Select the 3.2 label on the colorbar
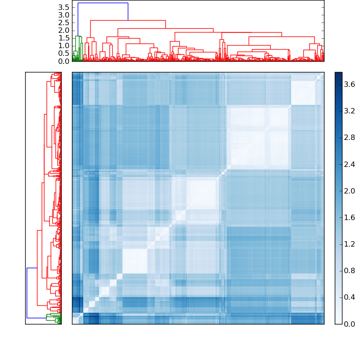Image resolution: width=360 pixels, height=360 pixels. pyautogui.click(x=350, y=111)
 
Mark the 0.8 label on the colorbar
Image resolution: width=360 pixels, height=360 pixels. pyautogui.click(x=350, y=270)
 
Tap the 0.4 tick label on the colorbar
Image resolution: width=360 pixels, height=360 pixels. pyautogui.click(x=350, y=297)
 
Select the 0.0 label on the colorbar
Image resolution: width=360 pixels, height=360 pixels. pyautogui.click(x=350, y=324)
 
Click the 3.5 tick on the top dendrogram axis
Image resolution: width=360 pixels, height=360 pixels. pyautogui.click(x=64, y=7)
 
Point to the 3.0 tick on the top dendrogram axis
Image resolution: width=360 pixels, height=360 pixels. pyautogui.click(x=64, y=15)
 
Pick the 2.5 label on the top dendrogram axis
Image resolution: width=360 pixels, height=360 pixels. pyautogui.click(x=64, y=22)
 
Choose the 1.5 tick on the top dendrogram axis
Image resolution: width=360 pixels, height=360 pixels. pyautogui.click(x=64, y=38)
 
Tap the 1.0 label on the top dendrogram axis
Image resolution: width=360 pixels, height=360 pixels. pyautogui.click(x=64, y=46)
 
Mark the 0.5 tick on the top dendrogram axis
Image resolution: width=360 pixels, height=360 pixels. pyautogui.click(x=64, y=54)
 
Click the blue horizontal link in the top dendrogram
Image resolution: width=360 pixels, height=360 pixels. pyautogui.click(x=103, y=3)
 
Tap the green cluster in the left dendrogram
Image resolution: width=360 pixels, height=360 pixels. pyautogui.click(x=54, y=318)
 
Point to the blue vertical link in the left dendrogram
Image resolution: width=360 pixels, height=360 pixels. pyautogui.click(x=27, y=293)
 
